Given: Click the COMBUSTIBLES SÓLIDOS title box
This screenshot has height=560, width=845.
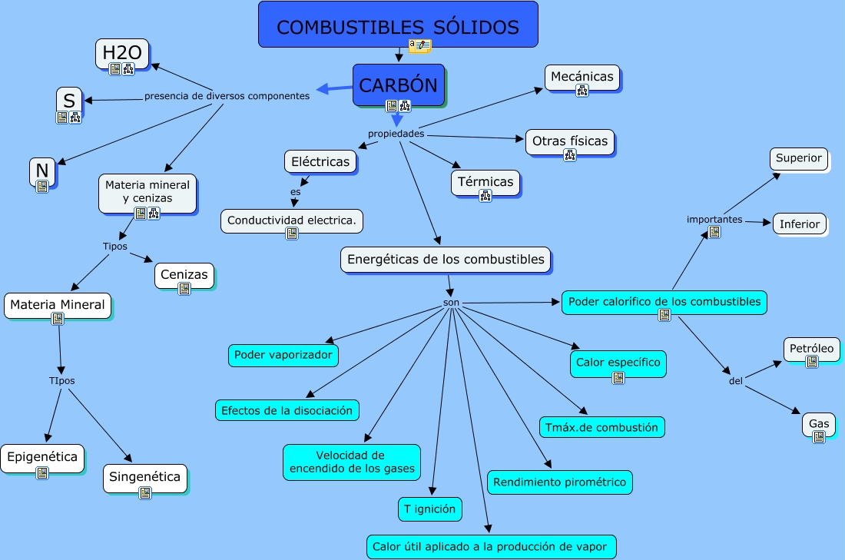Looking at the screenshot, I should [x=397, y=27].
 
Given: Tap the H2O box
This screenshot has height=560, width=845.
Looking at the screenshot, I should [x=122, y=52].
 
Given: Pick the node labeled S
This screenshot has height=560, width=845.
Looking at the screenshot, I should [x=69, y=100].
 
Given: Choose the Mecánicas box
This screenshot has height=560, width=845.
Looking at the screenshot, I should [x=582, y=76].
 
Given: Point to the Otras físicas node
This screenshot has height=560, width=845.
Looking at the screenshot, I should [x=569, y=141].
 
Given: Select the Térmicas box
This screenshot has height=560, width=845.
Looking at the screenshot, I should [x=485, y=182].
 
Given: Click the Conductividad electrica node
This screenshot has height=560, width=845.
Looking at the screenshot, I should [x=292, y=220].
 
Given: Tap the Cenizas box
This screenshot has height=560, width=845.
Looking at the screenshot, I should [x=184, y=273].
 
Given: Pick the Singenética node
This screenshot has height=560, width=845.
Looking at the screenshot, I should [x=144, y=476].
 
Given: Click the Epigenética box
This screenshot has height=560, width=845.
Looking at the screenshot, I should [x=42, y=457].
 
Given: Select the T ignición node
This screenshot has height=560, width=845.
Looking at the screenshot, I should [x=430, y=508].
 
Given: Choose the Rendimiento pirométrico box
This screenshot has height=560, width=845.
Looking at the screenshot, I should [x=559, y=482].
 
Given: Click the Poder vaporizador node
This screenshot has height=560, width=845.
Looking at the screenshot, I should [x=283, y=355].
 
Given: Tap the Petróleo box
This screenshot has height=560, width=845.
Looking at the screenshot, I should [x=812, y=348].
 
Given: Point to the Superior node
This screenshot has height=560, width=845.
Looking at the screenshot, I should [x=799, y=158].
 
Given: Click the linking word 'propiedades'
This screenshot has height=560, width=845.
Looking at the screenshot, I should [x=396, y=134].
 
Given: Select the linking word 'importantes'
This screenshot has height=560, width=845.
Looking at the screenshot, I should [x=714, y=220].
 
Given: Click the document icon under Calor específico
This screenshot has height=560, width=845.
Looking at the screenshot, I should [x=618, y=377].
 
